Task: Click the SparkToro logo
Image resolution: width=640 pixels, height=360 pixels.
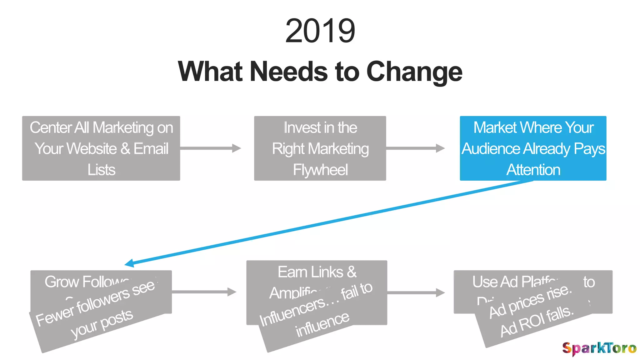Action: point(599,348)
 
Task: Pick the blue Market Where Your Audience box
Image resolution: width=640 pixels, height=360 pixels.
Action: point(533,148)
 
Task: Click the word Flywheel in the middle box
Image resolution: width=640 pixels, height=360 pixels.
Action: point(320,170)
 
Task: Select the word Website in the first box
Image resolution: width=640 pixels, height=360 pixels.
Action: point(92,149)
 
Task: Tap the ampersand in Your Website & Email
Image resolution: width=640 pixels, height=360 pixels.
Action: point(126,149)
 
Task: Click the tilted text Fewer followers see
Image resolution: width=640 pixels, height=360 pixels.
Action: point(95,303)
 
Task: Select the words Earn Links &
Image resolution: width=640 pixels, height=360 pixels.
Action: point(317,272)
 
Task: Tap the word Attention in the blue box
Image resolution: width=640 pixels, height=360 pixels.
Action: point(533,170)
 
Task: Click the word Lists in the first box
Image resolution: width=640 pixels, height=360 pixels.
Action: point(101,170)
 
